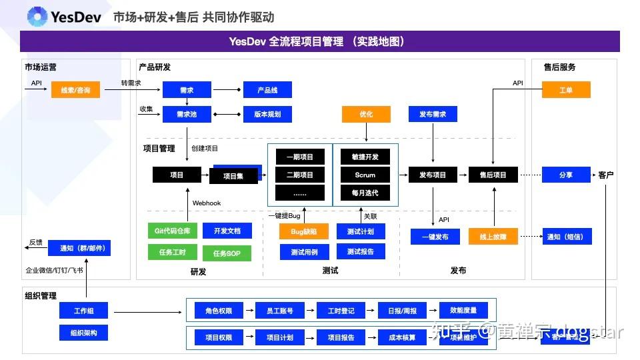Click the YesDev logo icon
(37, 17)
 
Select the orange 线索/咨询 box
(75, 89)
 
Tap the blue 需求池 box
(187, 114)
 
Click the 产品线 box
(267, 89)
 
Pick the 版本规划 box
(267, 114)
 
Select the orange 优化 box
(366, 114)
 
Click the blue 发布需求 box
(433, 114)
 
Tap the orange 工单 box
(566, 89)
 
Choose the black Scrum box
(365, 175)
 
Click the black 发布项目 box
(433, 175)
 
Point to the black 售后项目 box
(493, 175)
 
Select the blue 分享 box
(566, 175)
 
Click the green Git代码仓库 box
(172, 231)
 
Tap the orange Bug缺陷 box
(304, 231)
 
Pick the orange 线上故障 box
(493, 236)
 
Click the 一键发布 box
(435, 236)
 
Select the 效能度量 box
(463, 310)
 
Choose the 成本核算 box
(402, 337)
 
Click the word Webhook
(207, 203)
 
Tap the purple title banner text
(320, 41)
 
